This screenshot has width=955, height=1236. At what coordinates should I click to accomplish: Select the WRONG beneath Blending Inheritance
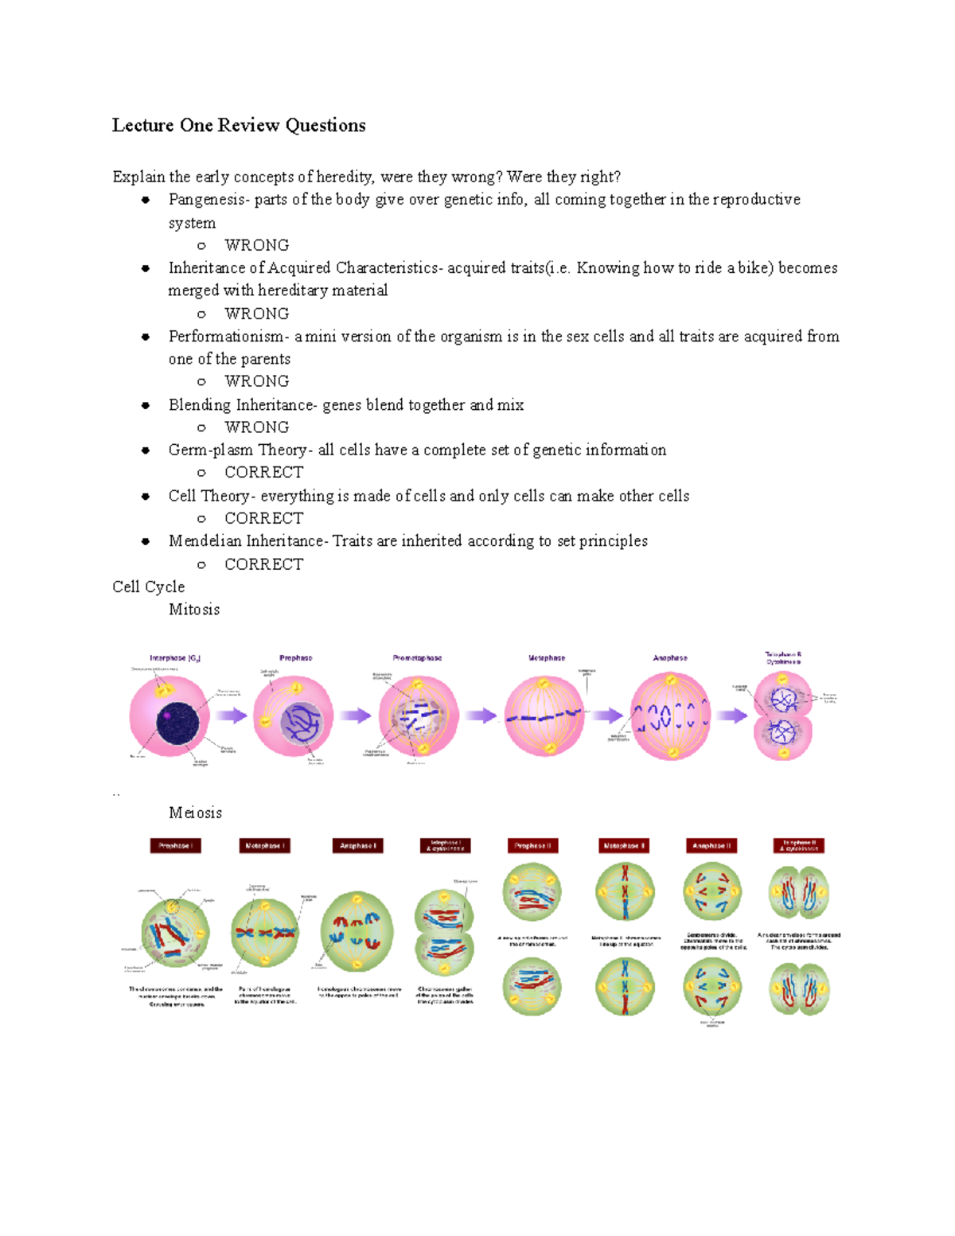point(256,427)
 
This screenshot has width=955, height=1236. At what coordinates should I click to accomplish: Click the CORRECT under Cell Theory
point(263,518)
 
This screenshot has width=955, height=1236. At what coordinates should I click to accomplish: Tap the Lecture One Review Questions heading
point(239,126)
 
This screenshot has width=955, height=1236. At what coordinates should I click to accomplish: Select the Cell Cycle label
point(149,587)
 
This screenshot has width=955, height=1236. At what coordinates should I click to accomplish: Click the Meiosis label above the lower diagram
point(195,813)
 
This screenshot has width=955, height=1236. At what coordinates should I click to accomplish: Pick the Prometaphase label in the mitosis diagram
point(417,658)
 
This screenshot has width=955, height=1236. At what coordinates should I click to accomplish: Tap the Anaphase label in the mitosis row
point(670,658)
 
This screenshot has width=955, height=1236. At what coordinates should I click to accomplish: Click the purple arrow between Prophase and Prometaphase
point(356,715)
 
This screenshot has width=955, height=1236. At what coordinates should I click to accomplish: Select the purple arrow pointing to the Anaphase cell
point(607,715)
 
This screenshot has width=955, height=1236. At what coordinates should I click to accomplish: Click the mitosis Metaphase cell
point(544,716)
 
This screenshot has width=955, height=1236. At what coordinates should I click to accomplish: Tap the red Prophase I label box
point(175,846)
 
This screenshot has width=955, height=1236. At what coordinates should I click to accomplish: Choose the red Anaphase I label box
point(357,846)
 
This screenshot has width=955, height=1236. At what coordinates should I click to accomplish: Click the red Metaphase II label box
point(624,846)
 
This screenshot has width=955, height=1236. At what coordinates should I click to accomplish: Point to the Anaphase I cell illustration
point(357,931)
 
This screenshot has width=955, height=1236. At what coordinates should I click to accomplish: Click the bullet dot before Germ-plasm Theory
point(146,450)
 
